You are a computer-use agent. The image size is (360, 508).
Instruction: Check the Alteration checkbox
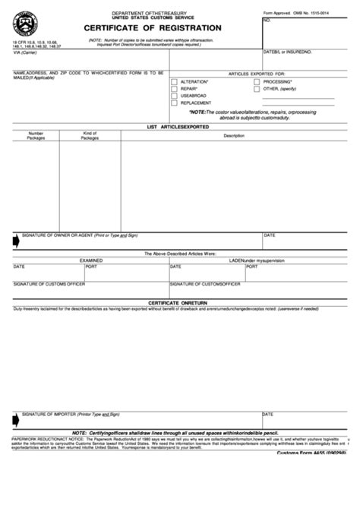175,80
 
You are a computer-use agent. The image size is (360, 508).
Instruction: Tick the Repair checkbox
175,88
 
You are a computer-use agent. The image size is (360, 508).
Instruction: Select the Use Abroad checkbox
175,96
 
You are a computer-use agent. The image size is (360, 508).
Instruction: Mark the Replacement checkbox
175,103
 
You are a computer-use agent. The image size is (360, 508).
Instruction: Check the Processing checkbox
257,80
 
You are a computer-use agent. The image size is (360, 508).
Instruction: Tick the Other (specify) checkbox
257,88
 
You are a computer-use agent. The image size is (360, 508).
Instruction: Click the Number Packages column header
36,136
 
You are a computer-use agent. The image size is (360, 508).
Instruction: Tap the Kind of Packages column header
90,136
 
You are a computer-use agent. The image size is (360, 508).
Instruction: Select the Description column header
234,136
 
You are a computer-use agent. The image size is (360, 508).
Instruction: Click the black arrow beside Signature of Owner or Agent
16,241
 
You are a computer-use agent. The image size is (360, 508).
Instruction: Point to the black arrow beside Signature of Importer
16,418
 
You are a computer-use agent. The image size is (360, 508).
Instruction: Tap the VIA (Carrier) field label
24,52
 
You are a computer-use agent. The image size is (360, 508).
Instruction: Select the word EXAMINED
91,260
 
